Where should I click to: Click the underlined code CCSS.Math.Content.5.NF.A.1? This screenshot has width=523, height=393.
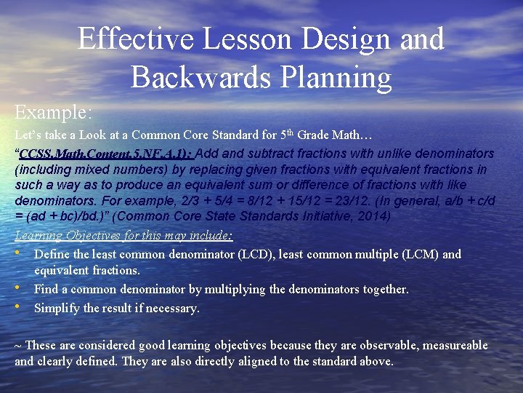[x=106, y=154]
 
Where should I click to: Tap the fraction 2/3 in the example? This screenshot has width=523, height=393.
[x=171, y=200]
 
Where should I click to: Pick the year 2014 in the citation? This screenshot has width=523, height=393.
[x=375, y=215]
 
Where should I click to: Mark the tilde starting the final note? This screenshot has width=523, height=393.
[x=18, y=346]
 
